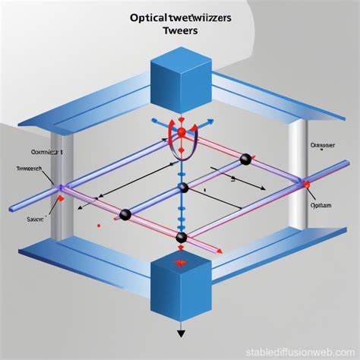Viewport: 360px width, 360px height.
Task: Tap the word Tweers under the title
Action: click(x=180, y=32)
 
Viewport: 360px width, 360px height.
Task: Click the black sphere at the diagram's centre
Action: click(x=182, y=188)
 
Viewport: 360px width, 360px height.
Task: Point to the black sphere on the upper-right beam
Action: click(x=245, y=159)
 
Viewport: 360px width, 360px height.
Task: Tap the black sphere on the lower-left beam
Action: click(x=125, y=215)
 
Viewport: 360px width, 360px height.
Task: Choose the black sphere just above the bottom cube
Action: click(x=182, y=238)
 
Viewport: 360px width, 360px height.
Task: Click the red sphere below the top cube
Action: click(x=182, y=134)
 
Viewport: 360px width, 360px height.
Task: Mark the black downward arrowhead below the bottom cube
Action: click(x=182, y=333)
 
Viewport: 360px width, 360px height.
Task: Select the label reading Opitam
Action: click(x=322, y=204)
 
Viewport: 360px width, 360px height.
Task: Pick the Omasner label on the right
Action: click(x=322, y=146)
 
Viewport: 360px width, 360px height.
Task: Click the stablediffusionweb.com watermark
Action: click(x=308, y=350)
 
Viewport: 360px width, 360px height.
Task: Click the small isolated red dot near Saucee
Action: click(x=99, y=226)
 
